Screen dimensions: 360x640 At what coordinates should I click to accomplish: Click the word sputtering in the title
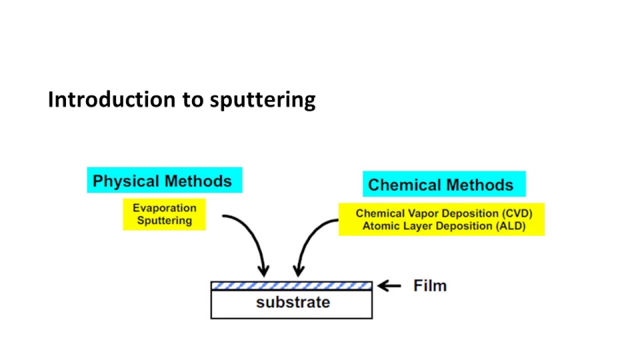click(262, 100)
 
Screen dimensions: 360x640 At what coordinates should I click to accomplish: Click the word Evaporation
click(164, 208)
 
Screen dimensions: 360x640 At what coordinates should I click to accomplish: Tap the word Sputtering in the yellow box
click(164, 220)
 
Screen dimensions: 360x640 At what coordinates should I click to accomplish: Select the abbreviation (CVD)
click(517, 213)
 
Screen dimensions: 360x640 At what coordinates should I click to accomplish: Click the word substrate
click(293, 302)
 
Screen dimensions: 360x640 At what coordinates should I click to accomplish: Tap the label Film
click(430, 286)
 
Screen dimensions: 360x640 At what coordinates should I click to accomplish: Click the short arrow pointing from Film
click(389, 286)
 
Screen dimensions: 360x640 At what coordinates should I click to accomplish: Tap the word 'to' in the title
click(192, 99)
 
